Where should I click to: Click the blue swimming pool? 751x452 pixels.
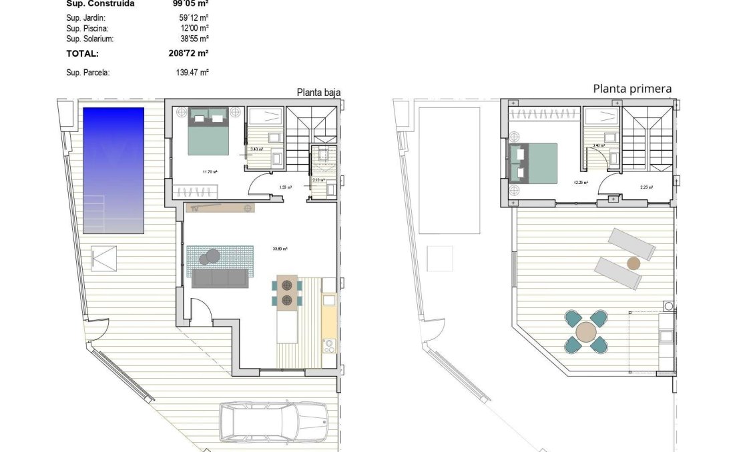click(x=113, y=170)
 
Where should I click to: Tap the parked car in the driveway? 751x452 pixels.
click(x=274, y=421)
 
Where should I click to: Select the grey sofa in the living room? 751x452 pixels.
click(x=220, y=278)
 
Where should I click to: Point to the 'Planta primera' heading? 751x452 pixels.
click(x=632, y=89)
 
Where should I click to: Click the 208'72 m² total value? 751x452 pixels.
click(x=189, y=54)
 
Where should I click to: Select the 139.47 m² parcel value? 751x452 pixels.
click(x=192, y=73)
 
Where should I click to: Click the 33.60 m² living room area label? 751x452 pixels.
click(x=280, y=249)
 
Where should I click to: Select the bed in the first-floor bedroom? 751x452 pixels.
click(x=534, y=162)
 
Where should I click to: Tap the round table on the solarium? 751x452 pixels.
click(x=586, y=331)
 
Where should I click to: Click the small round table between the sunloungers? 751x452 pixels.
click(x=633, y=263)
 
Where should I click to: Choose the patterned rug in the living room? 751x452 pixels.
click(x=220, y=257)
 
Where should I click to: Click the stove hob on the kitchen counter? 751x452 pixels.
click(x=328, y=345)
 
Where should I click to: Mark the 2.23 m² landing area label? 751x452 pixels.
click(x=646, y=187)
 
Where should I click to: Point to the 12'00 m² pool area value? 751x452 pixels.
click(x=190, y=29)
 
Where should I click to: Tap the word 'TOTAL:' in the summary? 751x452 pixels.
click(x=83, y=54)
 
